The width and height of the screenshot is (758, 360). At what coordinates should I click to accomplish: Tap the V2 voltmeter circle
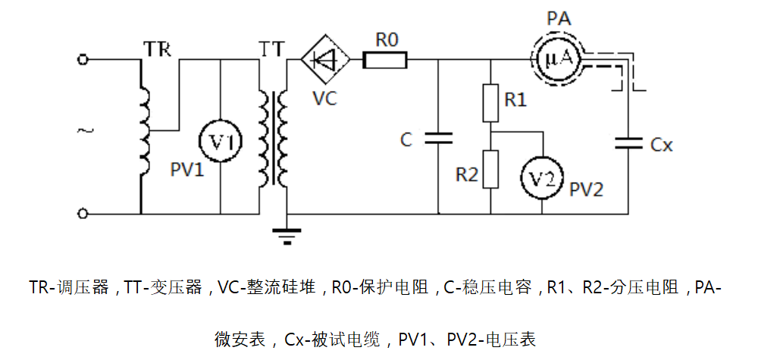[x=543, y=178]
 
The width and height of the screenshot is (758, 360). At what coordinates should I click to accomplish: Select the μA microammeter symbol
[x=556, y=58]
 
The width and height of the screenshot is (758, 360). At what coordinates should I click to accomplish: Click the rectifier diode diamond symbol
[x=325, y=59]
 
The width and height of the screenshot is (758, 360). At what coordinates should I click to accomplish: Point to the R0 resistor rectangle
[x=385, y=59]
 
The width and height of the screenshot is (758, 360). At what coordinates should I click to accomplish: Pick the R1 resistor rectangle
[x=490, y=102]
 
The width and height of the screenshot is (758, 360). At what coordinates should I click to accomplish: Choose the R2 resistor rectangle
[x=490, y=169]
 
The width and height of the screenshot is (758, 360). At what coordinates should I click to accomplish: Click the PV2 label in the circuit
[x=587, y=189]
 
